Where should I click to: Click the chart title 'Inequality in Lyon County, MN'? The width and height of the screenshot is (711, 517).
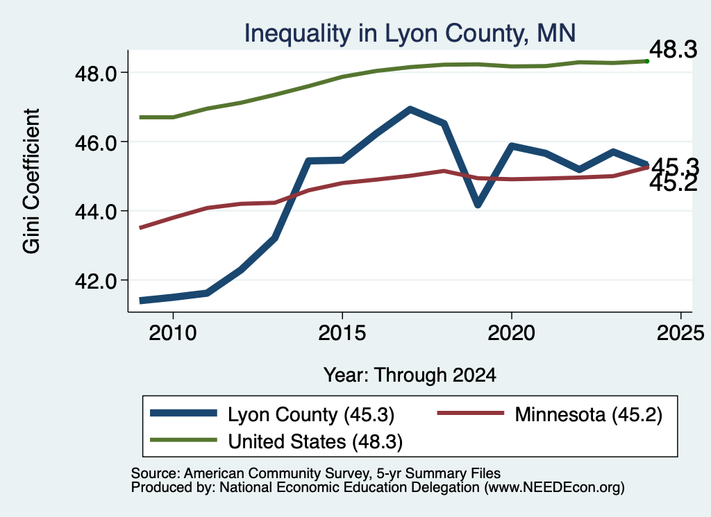click(410, 33)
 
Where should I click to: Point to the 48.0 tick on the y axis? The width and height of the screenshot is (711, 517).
click(97, 73)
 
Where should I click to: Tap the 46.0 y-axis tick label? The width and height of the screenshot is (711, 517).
click(97, 142)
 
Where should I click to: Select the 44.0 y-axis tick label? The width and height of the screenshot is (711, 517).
click(97, 212)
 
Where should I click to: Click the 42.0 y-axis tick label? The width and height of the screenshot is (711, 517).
click(97, 281)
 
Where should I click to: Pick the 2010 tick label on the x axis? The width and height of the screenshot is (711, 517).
click(173, 333)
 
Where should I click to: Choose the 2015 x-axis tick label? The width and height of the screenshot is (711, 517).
click(342, 333)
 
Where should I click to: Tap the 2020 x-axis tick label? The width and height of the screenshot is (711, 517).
click(512, 333)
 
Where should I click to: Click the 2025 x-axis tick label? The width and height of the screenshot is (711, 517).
click(680, 333)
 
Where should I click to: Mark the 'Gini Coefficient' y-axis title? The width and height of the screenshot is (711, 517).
click(31, 181)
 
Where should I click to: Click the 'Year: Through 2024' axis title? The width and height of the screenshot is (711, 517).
click(410, 375)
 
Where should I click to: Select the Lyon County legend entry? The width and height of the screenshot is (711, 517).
click(272, 414)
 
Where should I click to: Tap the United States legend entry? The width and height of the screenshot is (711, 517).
click(276, 441)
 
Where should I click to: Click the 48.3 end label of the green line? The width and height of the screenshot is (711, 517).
click(674, 49)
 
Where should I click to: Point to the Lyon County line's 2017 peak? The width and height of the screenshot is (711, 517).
click(410, 110)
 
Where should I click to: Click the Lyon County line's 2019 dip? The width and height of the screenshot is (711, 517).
click(478, 204)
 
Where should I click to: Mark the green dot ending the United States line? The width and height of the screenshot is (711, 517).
click(647, 61)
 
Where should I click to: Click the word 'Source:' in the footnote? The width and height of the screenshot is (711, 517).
click(156, 473)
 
